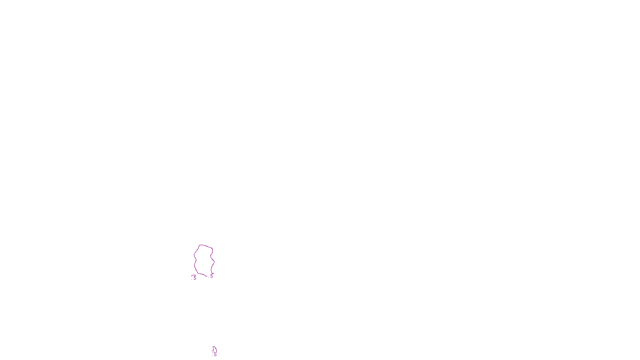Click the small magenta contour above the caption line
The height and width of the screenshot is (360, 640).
tap(214, 349)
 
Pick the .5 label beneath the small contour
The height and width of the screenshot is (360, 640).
tap(215, 354)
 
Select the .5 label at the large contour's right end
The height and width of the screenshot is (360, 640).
tap(211, 276)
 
